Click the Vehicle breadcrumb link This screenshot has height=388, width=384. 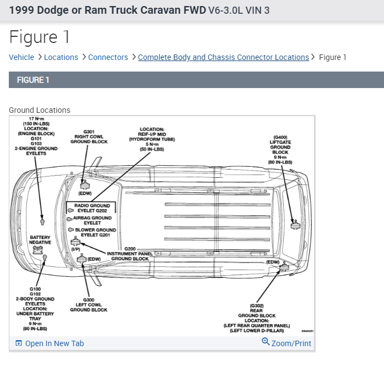point(21,57)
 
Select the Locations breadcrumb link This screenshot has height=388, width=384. point(61,57)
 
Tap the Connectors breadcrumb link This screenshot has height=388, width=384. point(108,57)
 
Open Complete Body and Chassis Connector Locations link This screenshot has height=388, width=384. point(223,57)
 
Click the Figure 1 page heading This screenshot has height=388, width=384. point(40,37)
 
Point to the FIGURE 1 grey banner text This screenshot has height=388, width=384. point(33,80)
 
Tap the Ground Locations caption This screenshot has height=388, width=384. point(40,110)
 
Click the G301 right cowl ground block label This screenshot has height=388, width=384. point(89,137)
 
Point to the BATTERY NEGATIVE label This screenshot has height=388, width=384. point(40,240)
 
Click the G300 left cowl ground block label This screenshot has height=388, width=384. point(89,305)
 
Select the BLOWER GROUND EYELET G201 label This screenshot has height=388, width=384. point(95,232)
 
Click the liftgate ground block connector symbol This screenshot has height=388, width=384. point(295,225)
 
